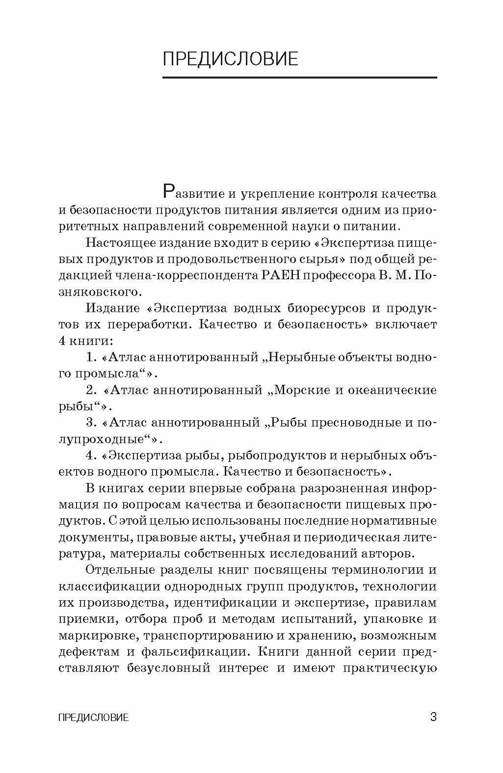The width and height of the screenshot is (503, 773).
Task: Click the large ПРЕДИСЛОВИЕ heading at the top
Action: pyautogui.click(x=230, y=58)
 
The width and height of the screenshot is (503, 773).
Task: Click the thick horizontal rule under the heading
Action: pyautogui.click(x=299, y=78)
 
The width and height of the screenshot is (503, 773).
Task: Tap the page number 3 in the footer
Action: pyautogui.click(x=433, y=717)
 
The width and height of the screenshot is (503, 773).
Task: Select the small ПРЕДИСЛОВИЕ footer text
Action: pyautogui.click(x=93, y=718)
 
